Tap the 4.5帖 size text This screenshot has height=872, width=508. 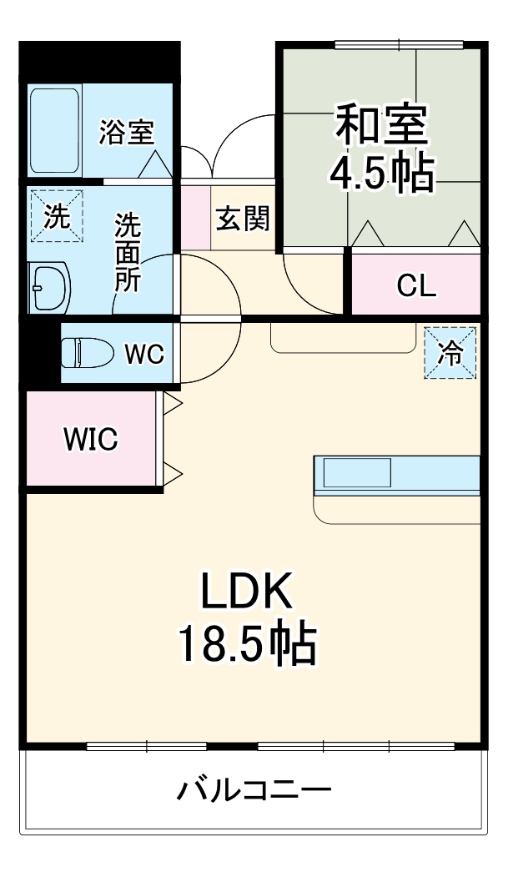coord(381,173)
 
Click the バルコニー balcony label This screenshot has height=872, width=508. coord(254,789)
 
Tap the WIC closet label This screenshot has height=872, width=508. coord(91,439)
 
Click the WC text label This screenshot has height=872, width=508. coord(144,354)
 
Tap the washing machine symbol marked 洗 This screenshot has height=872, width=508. coord(55,217)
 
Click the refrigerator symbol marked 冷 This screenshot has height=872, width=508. coord(450,353)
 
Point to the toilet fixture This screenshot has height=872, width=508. coord(87,353)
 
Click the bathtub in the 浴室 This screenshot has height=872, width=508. coord(55,131)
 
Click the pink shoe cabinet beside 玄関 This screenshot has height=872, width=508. coord(196,218)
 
